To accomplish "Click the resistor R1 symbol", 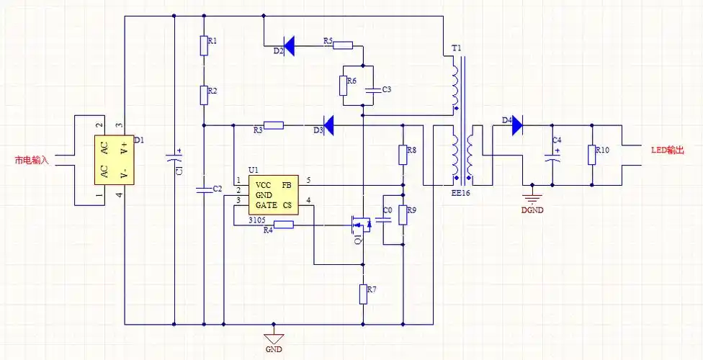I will (204, 45).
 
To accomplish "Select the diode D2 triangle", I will (288, 46).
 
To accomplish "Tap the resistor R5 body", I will (343, 46).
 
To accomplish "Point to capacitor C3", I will (373, 90).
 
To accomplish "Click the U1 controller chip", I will (273, 194).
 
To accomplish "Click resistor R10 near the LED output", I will (592, 154).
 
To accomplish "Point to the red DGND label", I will (532, 210).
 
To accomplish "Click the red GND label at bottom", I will (273, 349).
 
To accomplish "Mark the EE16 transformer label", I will (461, 194).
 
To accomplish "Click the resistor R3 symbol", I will (274, 125).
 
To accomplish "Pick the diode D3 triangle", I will (328, 125).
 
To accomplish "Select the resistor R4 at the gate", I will (284, 224).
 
